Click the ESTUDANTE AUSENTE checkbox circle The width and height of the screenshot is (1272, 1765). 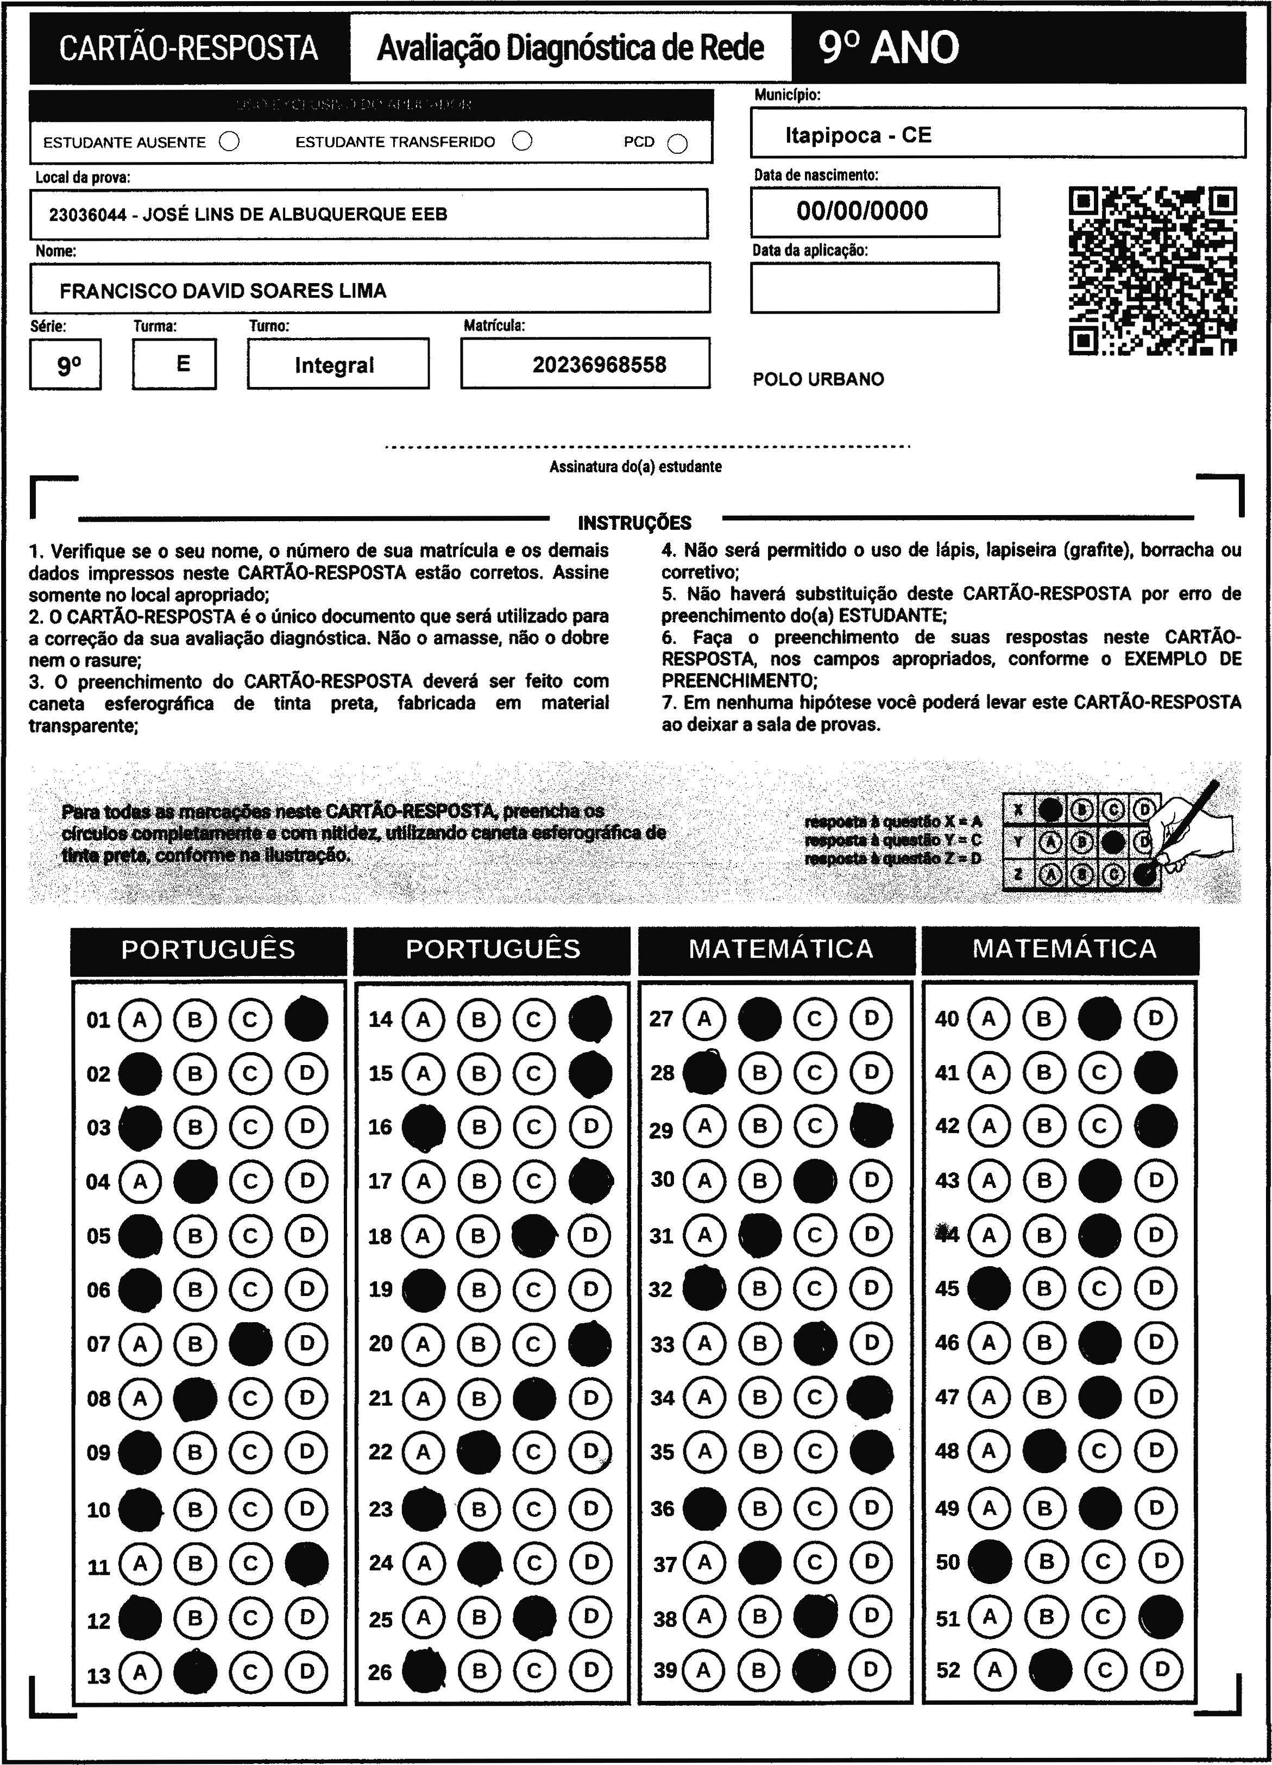230,142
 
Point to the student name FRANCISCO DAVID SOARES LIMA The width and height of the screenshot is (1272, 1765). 223,291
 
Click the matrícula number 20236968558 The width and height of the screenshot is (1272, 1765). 599,365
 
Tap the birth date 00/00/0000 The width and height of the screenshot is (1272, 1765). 862,211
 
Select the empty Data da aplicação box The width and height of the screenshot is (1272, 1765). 874,288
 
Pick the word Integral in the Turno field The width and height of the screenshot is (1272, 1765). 335,365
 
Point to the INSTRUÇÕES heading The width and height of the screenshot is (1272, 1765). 634,523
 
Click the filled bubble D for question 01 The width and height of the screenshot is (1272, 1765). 306,1019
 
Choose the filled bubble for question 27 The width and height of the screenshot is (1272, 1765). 759,1019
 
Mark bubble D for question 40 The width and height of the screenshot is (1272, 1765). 1155,1019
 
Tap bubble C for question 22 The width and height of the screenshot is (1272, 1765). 534,1451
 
